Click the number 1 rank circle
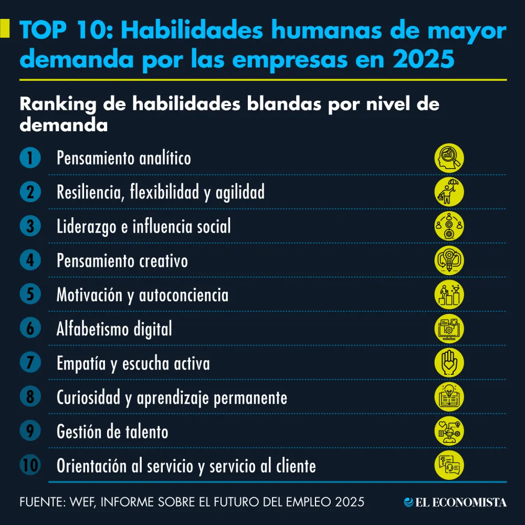pos(30,158)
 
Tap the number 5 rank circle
pos(30,295)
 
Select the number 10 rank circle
pos(30,465)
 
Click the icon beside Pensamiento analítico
pos(449,158)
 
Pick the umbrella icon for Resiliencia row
pos(449,192)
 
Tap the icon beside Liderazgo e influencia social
pos(449,226)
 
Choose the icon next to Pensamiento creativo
pos(449,260)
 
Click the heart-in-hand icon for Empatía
pos(449,363)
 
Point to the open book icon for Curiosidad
pos(449,397)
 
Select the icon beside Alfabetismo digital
pos(449,329)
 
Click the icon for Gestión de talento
pos(449,431)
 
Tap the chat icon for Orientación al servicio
pos(449,465)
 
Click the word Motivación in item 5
pos(90,295)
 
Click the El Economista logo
pos(455,502)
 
